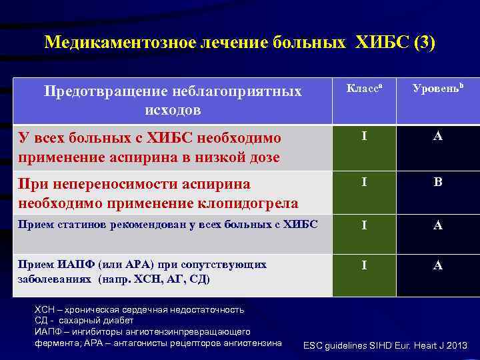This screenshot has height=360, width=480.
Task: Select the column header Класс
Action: point(362,89)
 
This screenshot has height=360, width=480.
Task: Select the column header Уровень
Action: point(437,89)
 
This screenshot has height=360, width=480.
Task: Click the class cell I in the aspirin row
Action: point(364,137)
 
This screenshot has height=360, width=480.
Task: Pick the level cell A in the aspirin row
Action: point(438,137)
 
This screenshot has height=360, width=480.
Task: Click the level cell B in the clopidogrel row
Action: point(438,181)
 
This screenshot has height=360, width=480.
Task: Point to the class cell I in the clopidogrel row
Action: point(364,181)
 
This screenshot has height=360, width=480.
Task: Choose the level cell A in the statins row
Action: point(438,225)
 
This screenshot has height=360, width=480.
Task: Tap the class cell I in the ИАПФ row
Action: point(364,265)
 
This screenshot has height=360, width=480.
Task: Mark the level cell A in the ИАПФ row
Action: point(438,265)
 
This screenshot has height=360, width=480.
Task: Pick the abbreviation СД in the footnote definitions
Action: point(41,320)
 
